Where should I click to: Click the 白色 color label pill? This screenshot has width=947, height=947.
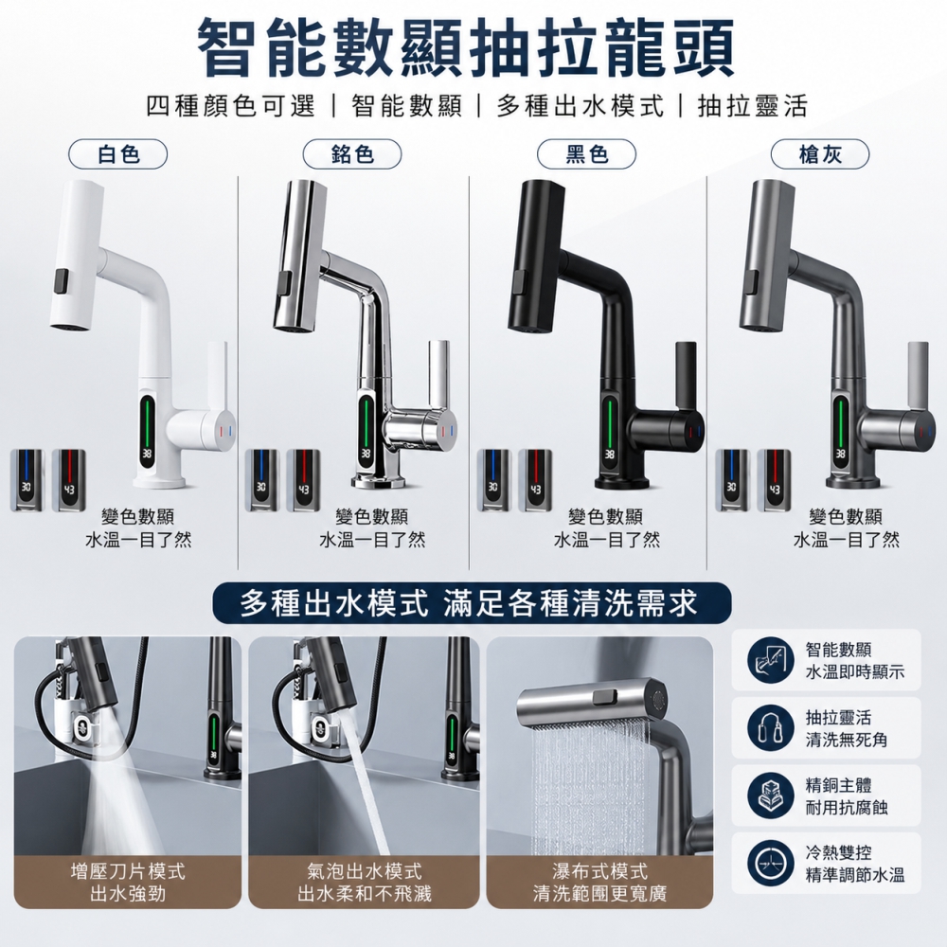[117, 154]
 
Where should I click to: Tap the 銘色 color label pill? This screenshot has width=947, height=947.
[352, 154]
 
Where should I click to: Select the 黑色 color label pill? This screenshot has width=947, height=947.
[586, 154]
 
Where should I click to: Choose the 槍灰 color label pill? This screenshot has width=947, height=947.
[820, 154]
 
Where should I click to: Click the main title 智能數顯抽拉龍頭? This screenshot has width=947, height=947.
[467, 47]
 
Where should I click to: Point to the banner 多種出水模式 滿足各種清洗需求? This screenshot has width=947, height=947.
[472, 602]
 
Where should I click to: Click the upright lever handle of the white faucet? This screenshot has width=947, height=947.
[217, 374]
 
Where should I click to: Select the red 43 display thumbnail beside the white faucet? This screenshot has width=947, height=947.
[69, 481]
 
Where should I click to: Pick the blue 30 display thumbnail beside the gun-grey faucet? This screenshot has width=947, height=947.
[732, 481]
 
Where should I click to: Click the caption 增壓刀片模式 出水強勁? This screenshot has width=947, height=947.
[128, 883]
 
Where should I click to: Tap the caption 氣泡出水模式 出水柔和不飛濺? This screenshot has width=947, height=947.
[365, 883]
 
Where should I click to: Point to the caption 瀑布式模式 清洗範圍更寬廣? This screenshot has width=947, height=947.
[599, 883]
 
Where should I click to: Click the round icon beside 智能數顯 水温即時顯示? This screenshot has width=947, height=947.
[770, 660]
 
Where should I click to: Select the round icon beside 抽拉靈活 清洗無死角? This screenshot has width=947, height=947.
[770, 727]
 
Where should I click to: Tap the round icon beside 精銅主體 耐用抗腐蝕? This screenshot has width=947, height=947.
[770, 795]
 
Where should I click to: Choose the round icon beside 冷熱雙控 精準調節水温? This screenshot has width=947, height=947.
[770, 864]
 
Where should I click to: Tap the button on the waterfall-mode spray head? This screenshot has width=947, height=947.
[605, 697]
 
